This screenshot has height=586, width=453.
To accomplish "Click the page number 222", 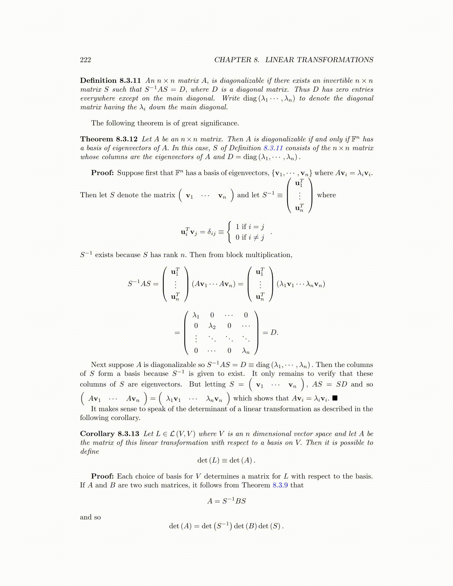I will click(x=85, y=60).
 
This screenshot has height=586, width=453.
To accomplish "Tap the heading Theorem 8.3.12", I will click(x=109, y=139).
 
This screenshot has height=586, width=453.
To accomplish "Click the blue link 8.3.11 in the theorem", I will click(x=273, y=148).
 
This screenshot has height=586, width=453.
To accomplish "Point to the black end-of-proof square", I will click(x=335, y=398).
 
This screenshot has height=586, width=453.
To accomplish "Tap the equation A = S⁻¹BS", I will click(x=226, y=501).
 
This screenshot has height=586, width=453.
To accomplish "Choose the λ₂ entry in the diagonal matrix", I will click(x=212, y=326).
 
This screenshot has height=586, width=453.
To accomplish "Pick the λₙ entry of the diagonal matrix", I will click(x=246, y=351).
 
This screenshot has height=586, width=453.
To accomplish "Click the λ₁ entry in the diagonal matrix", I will click(x=196, y=315).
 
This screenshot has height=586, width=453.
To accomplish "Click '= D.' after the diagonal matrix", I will click(x=271, y=333).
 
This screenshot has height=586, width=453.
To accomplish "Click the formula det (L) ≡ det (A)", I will click(x=226, y=461).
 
